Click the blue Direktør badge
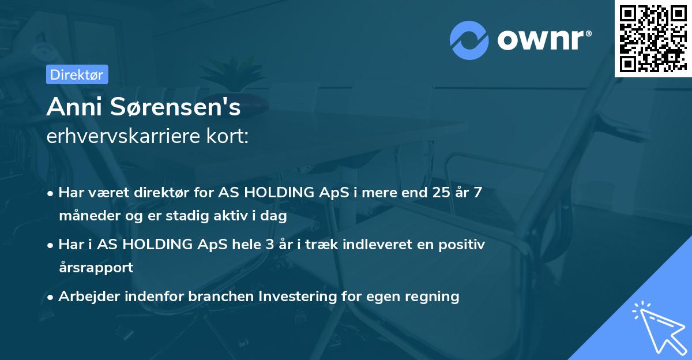[x=77, y=74]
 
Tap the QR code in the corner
[x=653, y=39]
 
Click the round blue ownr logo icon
[x=469, y=40]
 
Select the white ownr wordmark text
[x=540, y=40]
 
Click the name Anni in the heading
[x=74, y=107]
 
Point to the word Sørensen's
[x=175, y=107]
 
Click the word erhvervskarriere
[x=123, y=136]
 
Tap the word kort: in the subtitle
[x=227, y=136]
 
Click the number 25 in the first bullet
[x=441, y=192]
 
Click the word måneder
[x=89, y=216]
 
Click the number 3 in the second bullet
[x=270, y=245]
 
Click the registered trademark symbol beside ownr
[x=588, y=33]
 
